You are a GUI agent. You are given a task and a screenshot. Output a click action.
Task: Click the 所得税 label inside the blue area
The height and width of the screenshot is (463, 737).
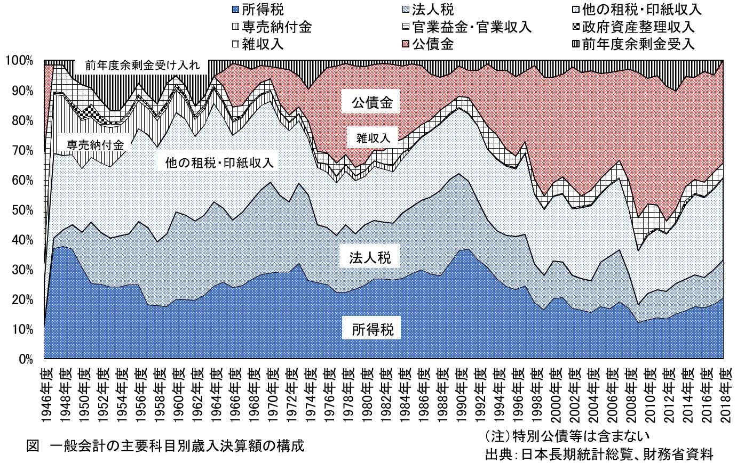373,330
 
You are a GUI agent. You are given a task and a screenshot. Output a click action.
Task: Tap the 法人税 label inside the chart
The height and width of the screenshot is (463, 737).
370,258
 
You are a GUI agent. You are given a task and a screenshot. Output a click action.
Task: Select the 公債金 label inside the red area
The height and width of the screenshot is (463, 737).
372,102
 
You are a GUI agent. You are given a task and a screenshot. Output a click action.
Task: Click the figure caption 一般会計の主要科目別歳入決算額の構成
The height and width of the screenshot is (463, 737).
177,445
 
